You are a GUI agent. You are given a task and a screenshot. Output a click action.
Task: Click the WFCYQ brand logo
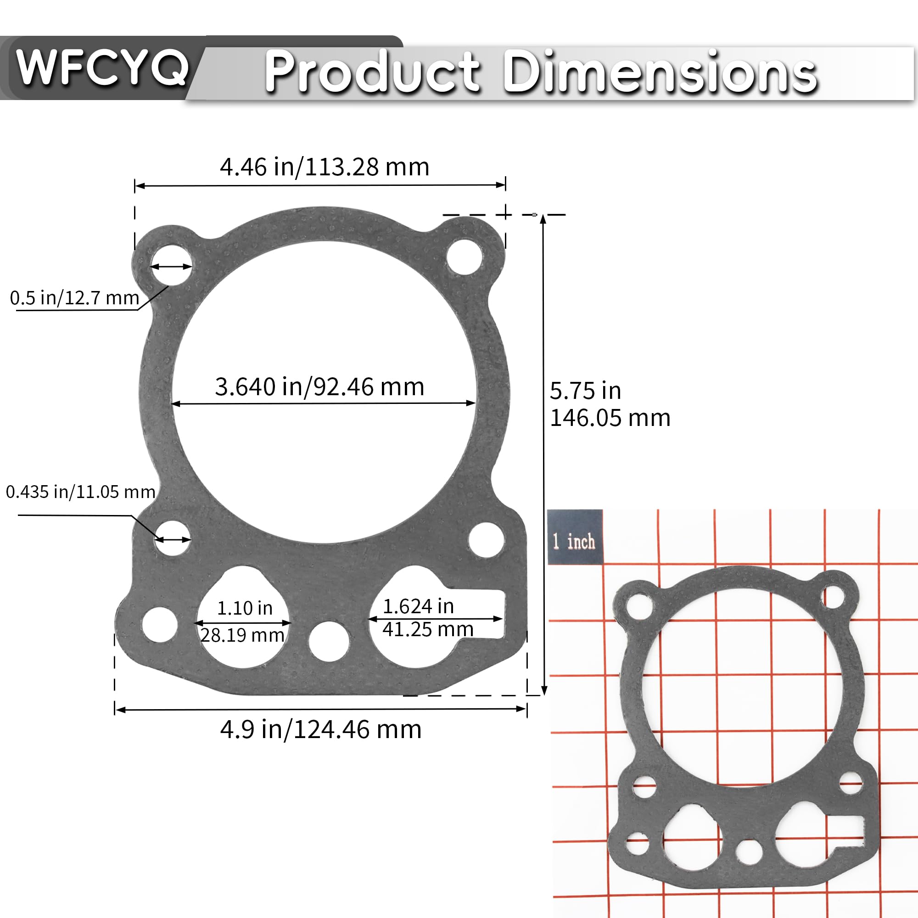tap(102, 68)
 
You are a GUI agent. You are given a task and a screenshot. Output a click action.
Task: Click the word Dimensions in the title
tap(660, 72)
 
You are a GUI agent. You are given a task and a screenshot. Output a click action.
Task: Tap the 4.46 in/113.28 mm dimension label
tap(325, 167)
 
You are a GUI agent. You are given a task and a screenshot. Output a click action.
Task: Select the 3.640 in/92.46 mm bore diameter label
tap(319, 387)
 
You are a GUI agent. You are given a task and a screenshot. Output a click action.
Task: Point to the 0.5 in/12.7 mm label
tap(75, 298)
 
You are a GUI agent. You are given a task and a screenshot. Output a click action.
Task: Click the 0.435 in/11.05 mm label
tap(80, 492)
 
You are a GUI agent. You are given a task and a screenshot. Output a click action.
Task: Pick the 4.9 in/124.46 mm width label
tap(321, 729)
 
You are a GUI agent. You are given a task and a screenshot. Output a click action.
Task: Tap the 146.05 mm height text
tap(610, 418)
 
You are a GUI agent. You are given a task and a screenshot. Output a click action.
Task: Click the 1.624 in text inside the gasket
tap(418, 606)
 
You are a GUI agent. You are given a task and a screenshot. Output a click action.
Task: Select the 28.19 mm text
tap(242, 635)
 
